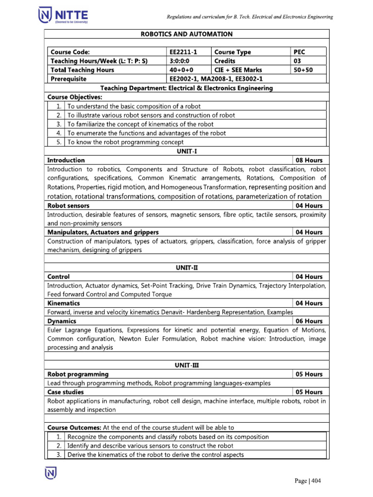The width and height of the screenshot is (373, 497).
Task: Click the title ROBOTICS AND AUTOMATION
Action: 186,34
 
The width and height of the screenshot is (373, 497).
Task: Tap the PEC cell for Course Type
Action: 300,52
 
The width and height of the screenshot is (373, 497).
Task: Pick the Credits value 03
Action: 297,61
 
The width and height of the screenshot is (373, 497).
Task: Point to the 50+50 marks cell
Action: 303,70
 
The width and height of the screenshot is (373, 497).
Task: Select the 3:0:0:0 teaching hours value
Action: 178,61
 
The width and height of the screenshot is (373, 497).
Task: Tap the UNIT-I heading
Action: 186,151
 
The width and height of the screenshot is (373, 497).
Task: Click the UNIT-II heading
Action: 186,267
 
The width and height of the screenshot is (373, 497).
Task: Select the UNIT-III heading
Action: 186,365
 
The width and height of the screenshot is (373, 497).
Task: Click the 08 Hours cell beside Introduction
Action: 309,160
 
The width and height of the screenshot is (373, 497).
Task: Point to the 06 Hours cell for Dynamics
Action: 309,321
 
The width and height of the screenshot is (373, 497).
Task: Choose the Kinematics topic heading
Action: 64,303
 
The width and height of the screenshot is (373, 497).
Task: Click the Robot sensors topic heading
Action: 68,205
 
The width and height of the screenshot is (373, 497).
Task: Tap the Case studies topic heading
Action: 65,392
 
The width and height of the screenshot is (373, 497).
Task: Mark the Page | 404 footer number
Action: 308,481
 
